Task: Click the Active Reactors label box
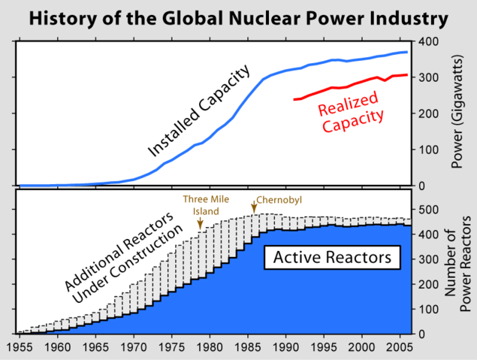click(332, 258)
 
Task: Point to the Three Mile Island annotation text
click(201, 205)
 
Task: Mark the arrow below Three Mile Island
click(200, 223)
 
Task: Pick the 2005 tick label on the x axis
click(400, 347)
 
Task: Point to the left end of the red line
click(294, 99)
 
